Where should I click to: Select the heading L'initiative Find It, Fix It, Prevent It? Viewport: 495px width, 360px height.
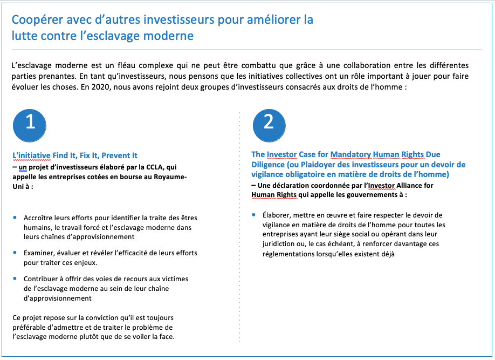[75, 155]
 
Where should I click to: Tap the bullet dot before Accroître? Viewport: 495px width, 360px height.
[15, 218]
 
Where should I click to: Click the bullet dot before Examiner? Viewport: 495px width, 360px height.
[15, 253]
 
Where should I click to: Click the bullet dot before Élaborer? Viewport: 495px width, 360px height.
[254, 215]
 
